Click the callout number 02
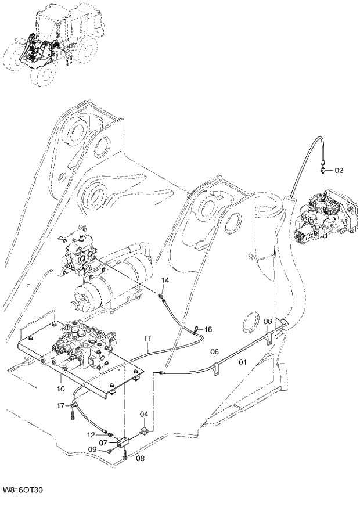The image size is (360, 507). pos(339,170)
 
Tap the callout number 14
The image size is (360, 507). pos(165,281)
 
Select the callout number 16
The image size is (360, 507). pos(208,329)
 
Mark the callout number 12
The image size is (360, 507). pos(92,434)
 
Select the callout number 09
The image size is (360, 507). pos(92,450)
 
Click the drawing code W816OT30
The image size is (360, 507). pos(22,491)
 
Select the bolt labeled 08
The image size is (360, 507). pos(125,458)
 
